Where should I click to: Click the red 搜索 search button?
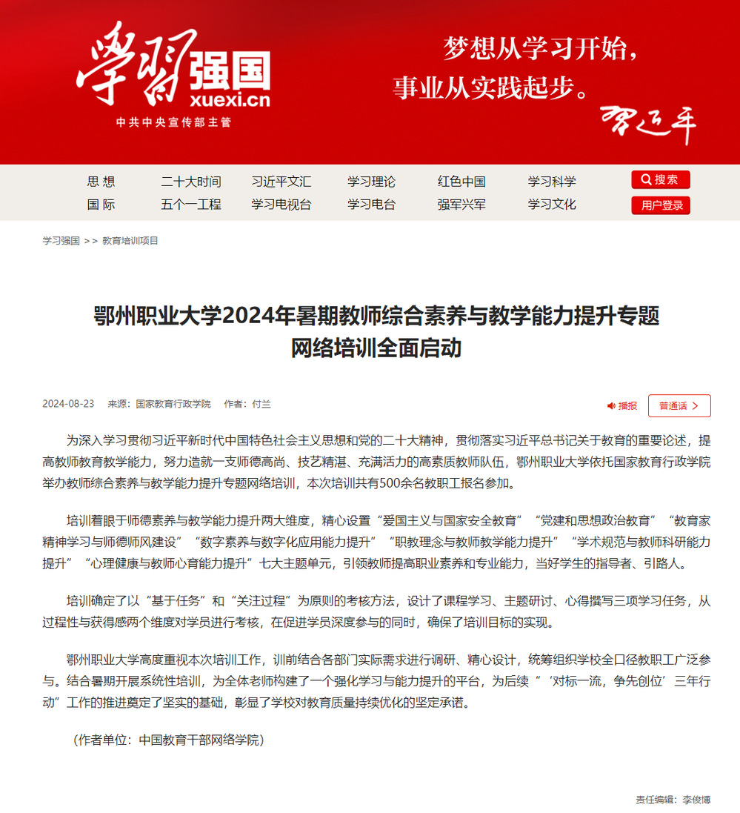(x=660, y=179)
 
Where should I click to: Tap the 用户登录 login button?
(x=660, y=205)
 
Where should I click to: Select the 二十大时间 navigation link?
(x=190, y=182)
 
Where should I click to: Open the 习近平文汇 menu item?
(x=281, y=182)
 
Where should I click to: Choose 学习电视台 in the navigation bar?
(x=281, y=205)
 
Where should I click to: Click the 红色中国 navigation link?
(x=461, y=182)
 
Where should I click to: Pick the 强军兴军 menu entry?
(x=461, y=205)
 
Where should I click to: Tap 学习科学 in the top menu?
(x=551, y=182)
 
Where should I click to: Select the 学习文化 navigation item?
(x=551, y=205)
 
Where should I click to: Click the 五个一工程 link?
(x=190, y=205)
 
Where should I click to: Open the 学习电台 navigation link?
(x=371, y=205)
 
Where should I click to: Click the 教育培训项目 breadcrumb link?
(x=130, y=241)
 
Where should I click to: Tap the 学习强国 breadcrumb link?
(x=61, y=241)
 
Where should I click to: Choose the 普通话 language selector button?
(x=679, y=405)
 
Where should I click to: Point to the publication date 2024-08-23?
(x=68, y=404)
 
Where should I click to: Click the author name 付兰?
(x=261, y=404)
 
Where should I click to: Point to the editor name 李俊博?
(x=696, y=800)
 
